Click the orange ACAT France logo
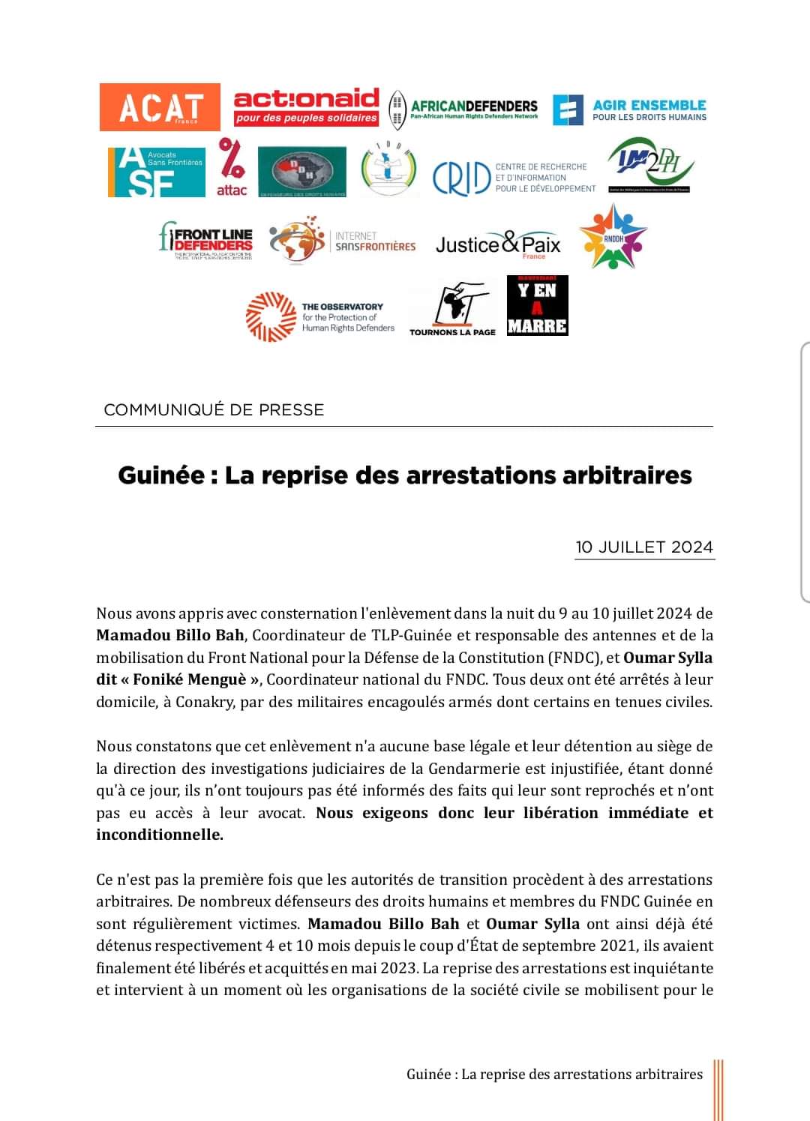pyautogui.click(x=160, y=107)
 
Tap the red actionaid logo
pyautogui.click(x=306, y=106)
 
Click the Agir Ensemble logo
pyautogui.click(x=630, y=109)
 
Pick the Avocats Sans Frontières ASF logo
pyautogui.click(x=156, y=172)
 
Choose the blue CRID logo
pyautogui.click(x=514, y=178)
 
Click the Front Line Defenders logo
pyautogui.click(x=206, y=240)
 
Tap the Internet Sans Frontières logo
pyautogui.click(x=343, y=240)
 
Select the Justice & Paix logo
pyautogui.click(x=498, y=244)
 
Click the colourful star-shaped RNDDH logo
pyautogui.click(x=613, y=237)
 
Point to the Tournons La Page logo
pyautogui.click(x=453, y=310)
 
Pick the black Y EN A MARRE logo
pyautogui.click(x=537, y=305)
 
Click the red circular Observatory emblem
pyautogui.click(x=270, y=316)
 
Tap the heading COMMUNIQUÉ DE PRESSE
pyautogui.click(x=214, y=409)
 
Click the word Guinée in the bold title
pyautogui.click(x=160, y=475)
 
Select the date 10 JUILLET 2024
pyautogui.click(x=644, y=547)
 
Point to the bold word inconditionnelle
pyautogui.click(x=159, y=835)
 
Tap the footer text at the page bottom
pyautogui.click(x=554, y=1074)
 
